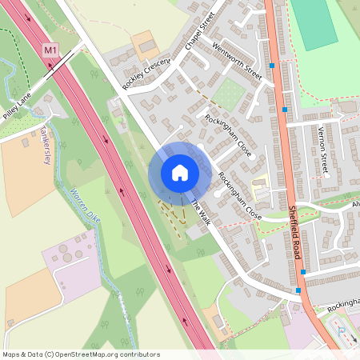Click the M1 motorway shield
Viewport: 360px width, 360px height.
click(x=51, y=50)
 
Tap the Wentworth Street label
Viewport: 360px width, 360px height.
click(x=238, y=59)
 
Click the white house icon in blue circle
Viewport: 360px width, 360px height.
click(x=180, y=172)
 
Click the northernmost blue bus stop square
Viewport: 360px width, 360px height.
click(x=273, y=65)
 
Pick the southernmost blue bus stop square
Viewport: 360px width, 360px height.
click(x=299, y=290)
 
